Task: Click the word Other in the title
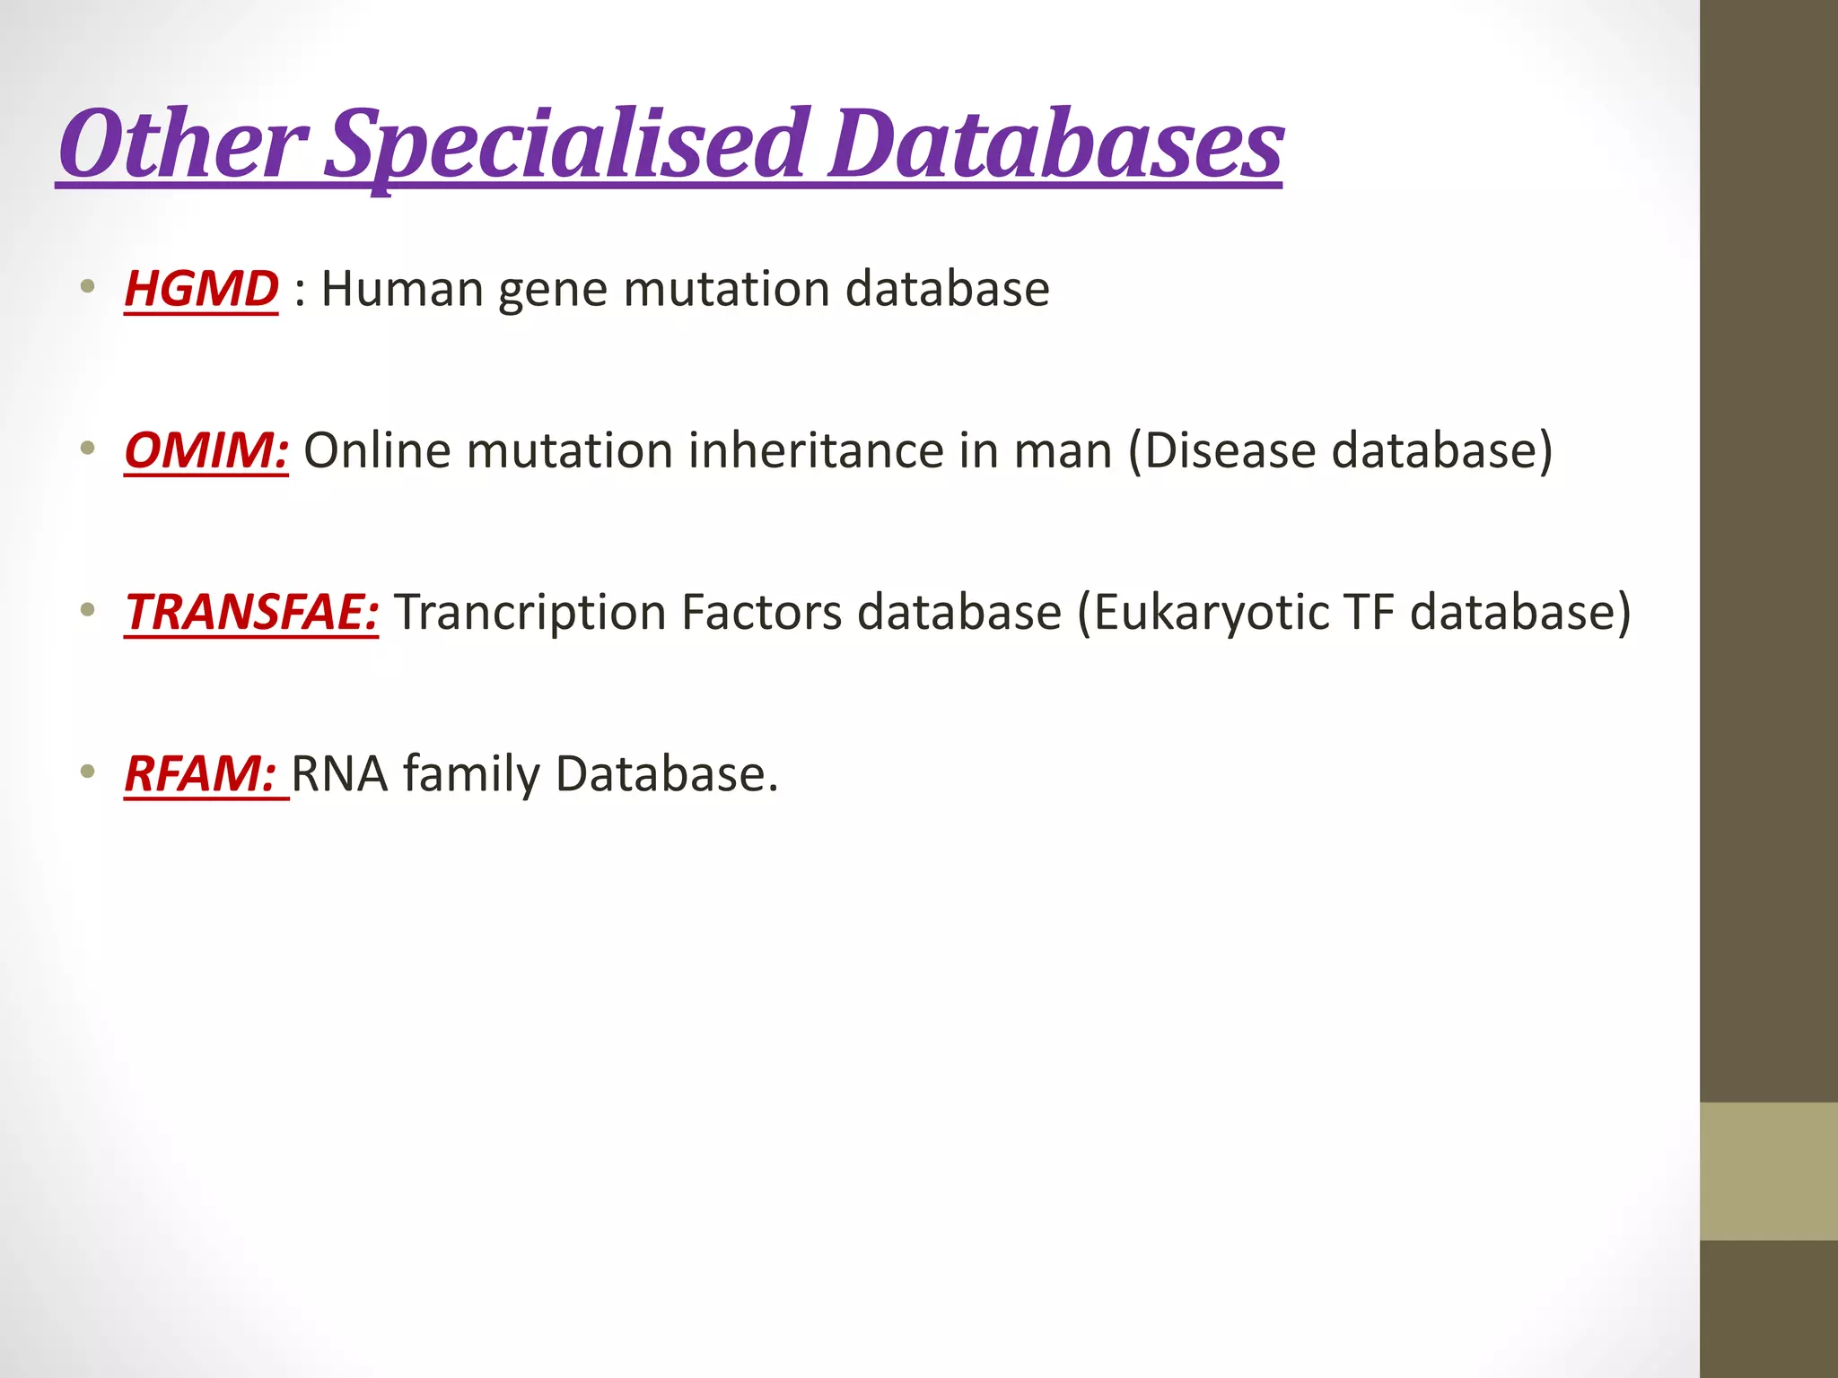[184, 144]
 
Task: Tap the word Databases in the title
[1055, 144]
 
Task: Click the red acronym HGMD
[201, 289]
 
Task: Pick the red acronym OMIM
[206, 450]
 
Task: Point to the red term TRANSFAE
[251, 612]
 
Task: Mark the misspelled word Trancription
[530, 614]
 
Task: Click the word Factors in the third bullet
[761, 612]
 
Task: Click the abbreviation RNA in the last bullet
[339, 773]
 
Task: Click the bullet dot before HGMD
[87, 288]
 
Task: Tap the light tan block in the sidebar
[1768, 1171]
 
